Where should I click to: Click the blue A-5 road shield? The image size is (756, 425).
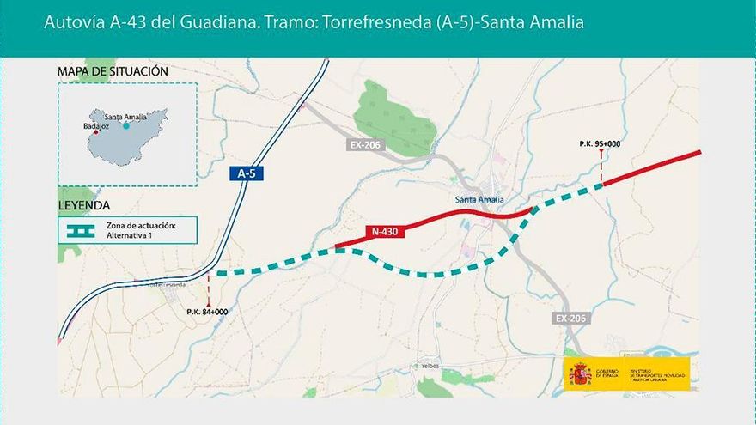(x=247, y=173)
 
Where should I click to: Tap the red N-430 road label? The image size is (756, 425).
(x=383, y=231)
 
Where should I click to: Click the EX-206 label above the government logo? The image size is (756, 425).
(x=570, y=319)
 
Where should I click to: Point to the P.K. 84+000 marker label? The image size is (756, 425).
(x=207, y=312)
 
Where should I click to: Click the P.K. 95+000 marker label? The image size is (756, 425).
(x=600, y=143)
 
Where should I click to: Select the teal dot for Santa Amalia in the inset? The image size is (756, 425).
(x=126, y=125)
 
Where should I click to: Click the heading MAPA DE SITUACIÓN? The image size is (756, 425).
(x=113, y=70)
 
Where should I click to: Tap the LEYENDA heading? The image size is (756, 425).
(x=83, y=206)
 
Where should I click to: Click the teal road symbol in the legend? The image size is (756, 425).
(x=81, y=230)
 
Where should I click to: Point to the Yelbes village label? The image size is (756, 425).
(x=430, y=366)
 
